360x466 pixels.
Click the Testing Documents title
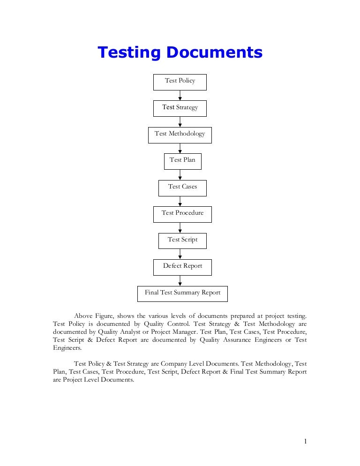coord(180,53)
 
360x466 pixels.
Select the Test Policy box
coord(180,82)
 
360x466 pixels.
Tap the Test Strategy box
coord(180,108)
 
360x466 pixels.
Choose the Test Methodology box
coord(180,135)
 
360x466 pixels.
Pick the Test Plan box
coord(182,161)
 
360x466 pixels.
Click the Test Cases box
coord(182,188)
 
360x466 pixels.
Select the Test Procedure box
coord(182,214)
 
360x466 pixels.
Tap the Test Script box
coord(182,241)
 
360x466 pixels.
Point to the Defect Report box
coord(182,267)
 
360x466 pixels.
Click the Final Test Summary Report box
coord(182,293)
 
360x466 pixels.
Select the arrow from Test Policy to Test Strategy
coord(180,96)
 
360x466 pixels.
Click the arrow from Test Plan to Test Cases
coord(180,175)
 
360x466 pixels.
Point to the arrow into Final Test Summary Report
coord(180,280)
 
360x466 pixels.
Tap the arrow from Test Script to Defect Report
coord(180,254)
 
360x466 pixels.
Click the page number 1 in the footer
coord(305,441)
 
